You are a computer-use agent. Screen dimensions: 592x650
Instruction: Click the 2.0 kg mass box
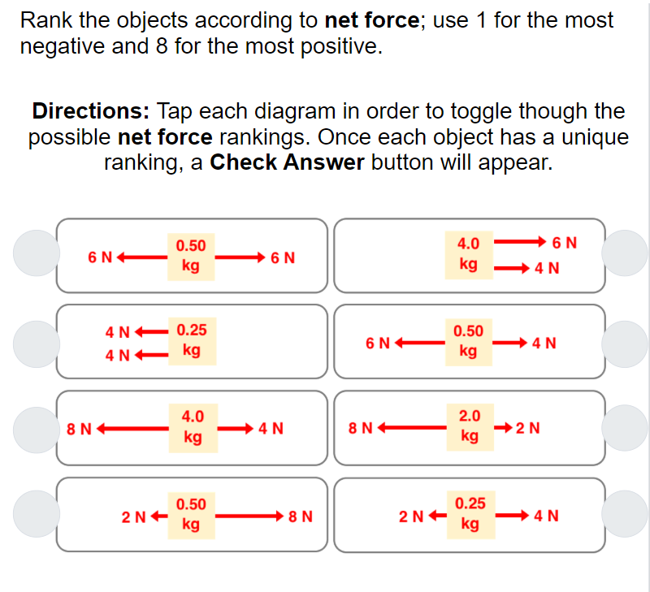tap(469, 426)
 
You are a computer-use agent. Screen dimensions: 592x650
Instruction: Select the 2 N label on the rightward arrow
tap(529, 428)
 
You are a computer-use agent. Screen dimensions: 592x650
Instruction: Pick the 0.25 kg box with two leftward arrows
tap(191, 341)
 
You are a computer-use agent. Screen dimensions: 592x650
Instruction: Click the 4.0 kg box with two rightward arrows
tap(469, 254)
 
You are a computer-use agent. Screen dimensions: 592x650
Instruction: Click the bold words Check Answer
tap(287, 162)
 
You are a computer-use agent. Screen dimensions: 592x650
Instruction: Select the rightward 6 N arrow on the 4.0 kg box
tap(520, 242)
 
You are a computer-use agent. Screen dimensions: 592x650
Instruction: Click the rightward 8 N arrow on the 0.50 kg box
tap(249, 515)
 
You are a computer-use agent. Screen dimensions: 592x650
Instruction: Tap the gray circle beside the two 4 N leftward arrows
tap(36, 341)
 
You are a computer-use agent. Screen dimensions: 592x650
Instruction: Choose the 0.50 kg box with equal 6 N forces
tap(191, 256)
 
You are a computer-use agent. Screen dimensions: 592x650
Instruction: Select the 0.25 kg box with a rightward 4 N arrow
tap(470, 514)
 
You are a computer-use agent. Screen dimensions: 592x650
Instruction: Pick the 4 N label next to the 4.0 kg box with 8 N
tap(271, 429)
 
